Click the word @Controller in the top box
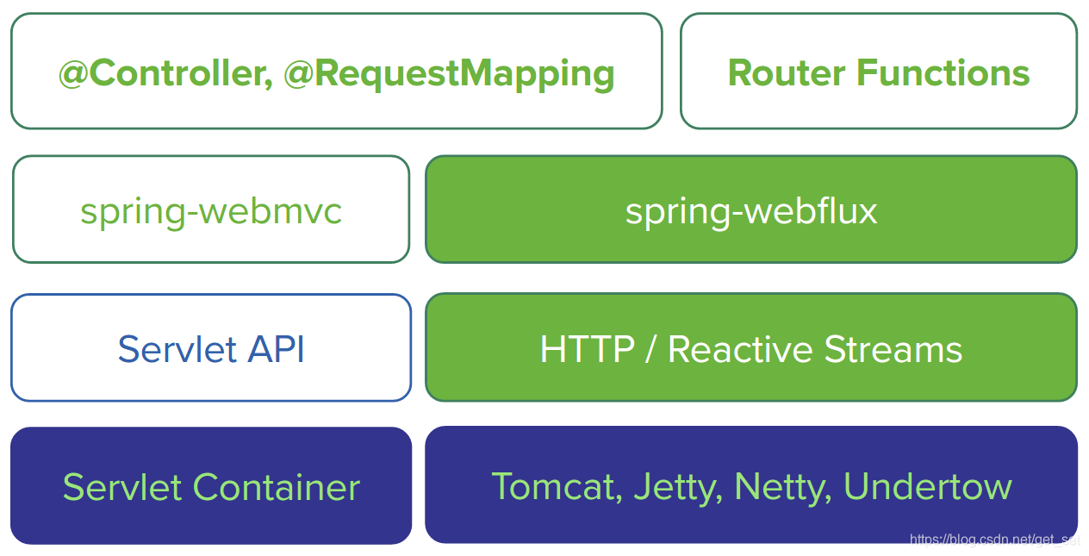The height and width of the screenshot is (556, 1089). tap(159, 73)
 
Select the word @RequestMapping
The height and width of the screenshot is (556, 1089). tap(448, 73)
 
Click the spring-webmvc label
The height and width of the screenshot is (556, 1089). tap(211, 210)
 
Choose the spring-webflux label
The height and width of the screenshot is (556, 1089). tap(751, 210)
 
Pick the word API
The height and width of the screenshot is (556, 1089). tap(276, 349)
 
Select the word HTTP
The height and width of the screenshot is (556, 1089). tap(587, 349)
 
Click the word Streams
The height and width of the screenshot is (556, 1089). tap(893, 349)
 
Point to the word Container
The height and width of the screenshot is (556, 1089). tap(276, 487)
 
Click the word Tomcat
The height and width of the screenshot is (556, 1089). tap(554, 487)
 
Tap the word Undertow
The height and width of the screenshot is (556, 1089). tap(927, 487)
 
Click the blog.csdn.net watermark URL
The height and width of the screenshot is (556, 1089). tap(994, 540)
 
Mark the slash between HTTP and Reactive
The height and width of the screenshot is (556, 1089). tap(650, 349)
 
